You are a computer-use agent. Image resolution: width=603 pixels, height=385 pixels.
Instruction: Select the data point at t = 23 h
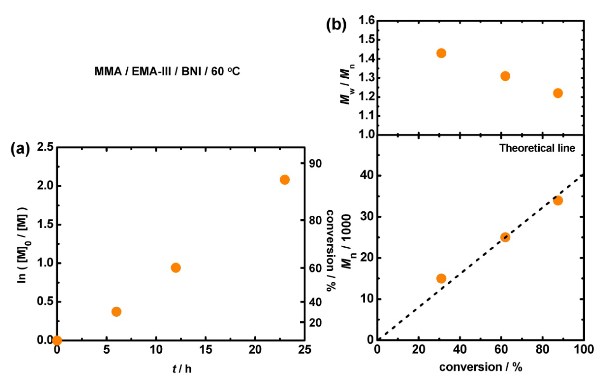point(284,179)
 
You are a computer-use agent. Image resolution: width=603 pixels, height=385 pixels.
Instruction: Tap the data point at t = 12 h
point(176,268)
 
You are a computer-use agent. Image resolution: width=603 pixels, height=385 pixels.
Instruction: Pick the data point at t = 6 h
point(116,312)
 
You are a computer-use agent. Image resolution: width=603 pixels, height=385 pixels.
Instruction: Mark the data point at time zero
point(57,340)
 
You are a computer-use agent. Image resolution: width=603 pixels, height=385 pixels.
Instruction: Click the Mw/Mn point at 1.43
point(441,53)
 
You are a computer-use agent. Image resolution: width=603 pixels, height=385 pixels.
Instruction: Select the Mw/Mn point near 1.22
point(558,93)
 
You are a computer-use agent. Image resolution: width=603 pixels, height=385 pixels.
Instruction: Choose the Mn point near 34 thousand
point(558,200)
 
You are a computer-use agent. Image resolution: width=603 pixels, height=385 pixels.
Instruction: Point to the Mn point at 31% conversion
point(441,278)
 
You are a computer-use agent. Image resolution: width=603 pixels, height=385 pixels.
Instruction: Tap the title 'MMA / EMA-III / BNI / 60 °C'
point(167,72)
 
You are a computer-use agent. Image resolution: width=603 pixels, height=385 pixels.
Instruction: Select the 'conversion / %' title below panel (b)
point(480,367)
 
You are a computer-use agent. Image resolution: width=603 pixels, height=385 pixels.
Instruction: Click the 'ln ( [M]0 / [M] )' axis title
point(23,245)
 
